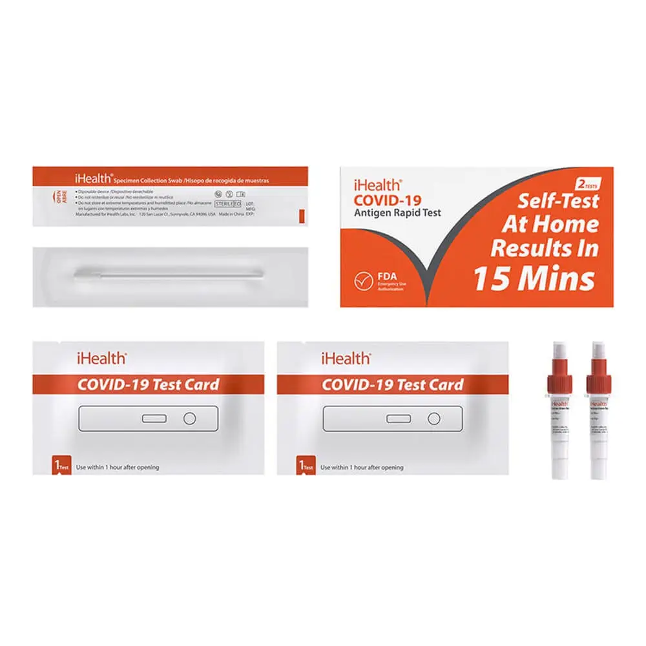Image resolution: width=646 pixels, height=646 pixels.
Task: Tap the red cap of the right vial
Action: point(598,382)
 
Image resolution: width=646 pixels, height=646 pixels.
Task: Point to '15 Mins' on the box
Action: point(534,278)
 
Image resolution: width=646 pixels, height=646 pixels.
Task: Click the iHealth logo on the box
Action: point(378,185)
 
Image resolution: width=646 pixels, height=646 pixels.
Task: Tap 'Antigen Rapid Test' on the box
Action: point(397,213)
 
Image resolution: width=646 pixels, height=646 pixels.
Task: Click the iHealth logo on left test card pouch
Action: point(101,357)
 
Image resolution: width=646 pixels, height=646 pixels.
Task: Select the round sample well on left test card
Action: point(189,419)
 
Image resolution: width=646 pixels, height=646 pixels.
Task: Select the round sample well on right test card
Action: point(433,419)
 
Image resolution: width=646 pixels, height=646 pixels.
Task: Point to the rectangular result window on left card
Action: point(154,419)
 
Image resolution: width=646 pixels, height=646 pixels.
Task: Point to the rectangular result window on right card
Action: point(399,419)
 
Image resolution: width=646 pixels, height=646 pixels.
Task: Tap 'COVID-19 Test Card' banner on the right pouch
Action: point(392,385)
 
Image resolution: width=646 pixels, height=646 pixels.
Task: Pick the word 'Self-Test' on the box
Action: point(557,202)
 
